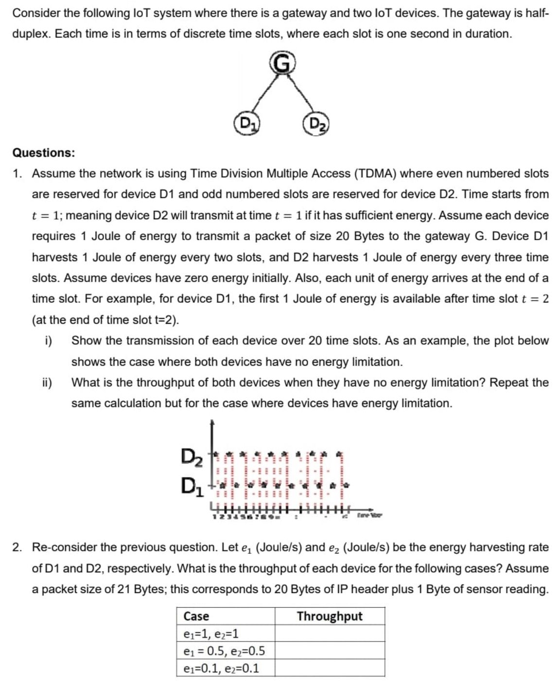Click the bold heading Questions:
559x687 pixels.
(x=44, y=153)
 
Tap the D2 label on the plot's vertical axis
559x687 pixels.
(x=191, y=457)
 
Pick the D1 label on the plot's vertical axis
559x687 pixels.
(x=191, y=484)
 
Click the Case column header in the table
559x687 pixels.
(x=196, y=616)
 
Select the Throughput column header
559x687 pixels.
(x=330, y=616)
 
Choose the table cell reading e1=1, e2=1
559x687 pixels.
(x=211, y=634)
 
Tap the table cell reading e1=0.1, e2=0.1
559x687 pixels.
(x=221, y=668)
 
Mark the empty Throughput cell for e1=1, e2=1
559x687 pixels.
(x=330, y=634)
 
